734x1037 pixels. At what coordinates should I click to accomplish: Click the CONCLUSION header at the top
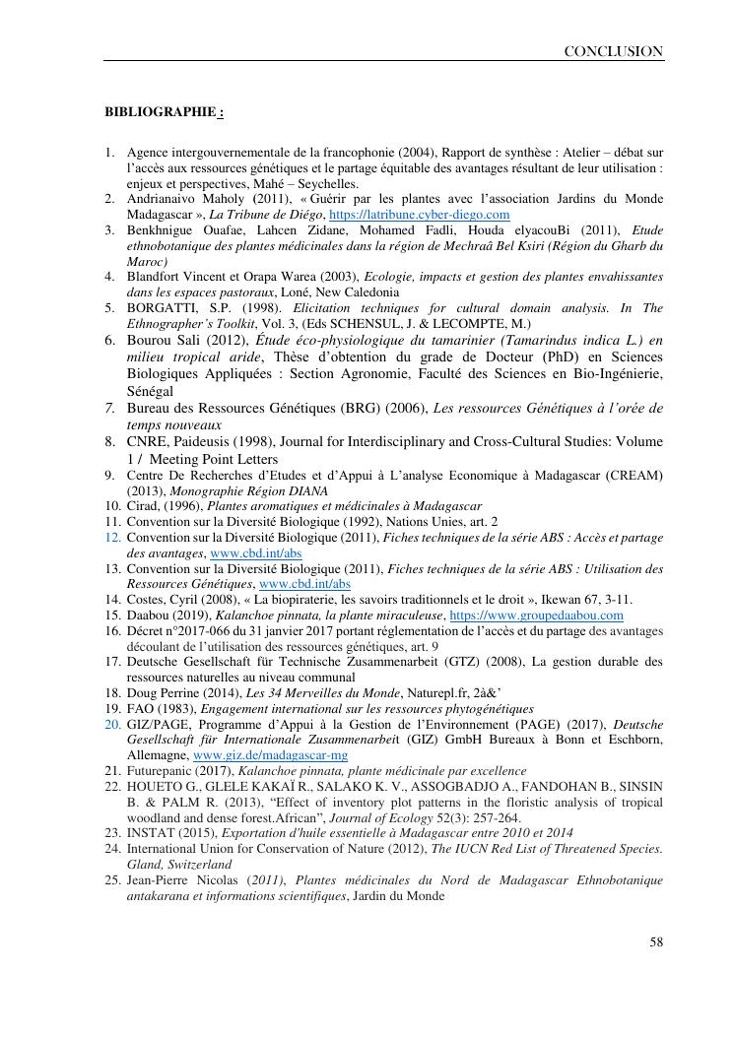(x=613, y=51)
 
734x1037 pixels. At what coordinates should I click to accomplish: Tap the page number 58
(x=656, y=942)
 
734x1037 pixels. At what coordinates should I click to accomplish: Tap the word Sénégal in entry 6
(x=151, y=391)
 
